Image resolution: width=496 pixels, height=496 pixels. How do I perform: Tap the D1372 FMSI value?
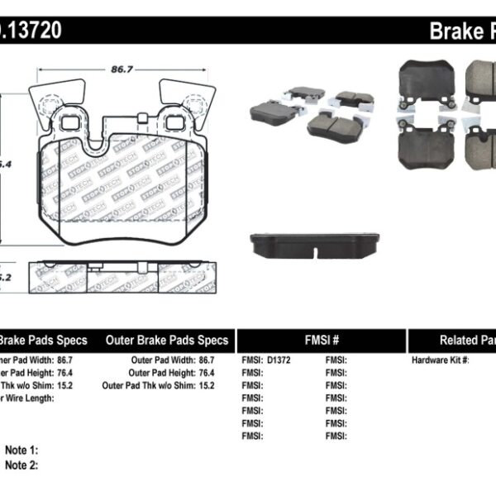coord(280,360)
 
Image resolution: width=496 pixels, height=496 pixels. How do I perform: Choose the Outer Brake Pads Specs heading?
coord(167,340)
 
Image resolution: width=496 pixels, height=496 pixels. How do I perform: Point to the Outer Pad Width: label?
coord(161,360)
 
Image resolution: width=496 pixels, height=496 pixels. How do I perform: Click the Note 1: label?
coord(21,451)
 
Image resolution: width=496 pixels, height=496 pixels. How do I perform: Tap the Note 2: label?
coord(21,465)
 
